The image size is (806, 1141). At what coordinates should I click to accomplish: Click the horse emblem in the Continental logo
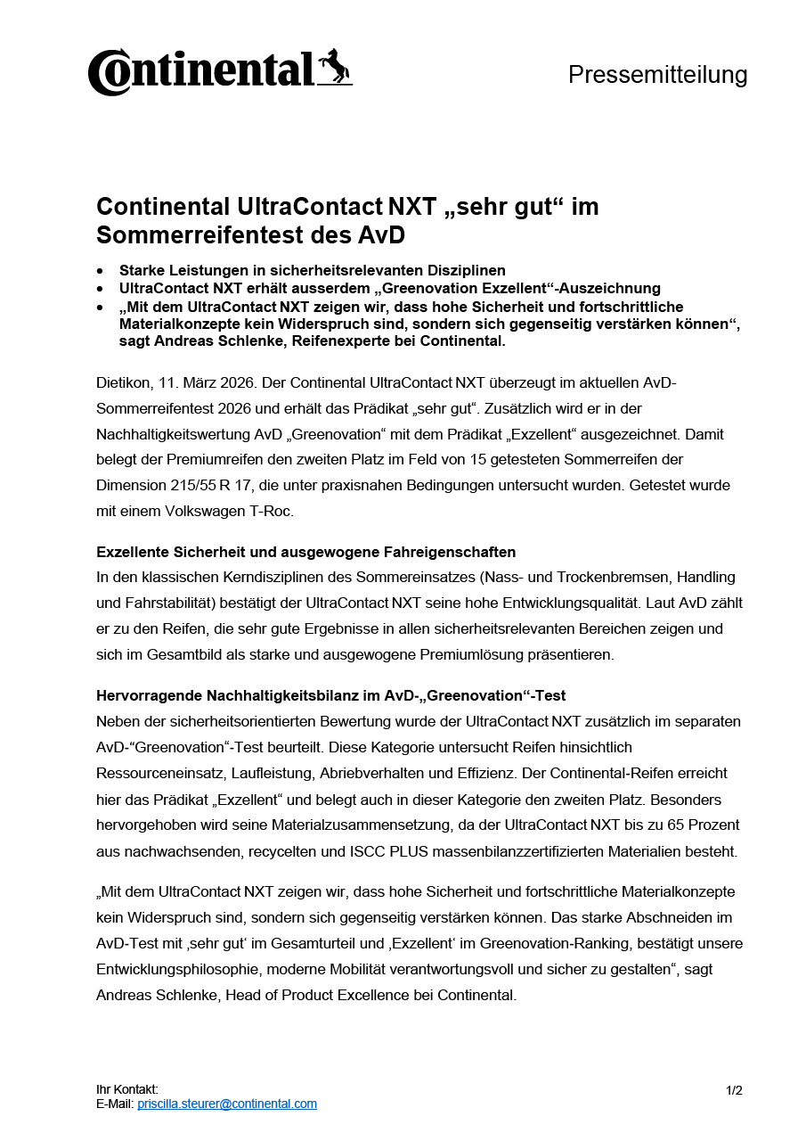tap(335, 68)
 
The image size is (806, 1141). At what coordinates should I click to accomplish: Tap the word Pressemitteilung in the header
tap(657, 75)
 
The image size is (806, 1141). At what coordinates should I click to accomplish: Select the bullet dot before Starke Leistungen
tap(101, 270)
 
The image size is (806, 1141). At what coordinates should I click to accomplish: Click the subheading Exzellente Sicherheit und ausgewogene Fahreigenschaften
tap(305, 552)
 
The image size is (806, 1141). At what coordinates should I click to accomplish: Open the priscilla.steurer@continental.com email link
tap(227, 1104)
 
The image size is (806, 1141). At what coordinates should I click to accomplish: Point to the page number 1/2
tap(734, 1089)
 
